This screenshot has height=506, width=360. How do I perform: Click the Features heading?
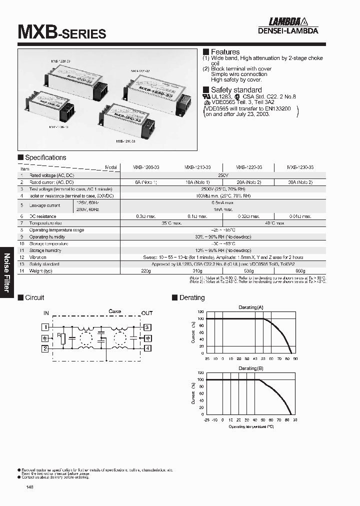coord(224,52)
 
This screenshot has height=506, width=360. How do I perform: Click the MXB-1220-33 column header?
coord(248,167)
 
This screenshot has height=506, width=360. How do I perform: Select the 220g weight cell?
coord(145,270)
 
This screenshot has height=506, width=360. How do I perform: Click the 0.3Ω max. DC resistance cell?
coord(146,216)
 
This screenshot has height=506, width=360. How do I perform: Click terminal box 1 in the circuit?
coord(44,327)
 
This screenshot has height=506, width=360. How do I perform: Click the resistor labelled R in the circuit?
coord(62,339)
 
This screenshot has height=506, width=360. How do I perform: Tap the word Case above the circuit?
coord(115,311)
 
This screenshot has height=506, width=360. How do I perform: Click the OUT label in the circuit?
coord(146,313)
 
